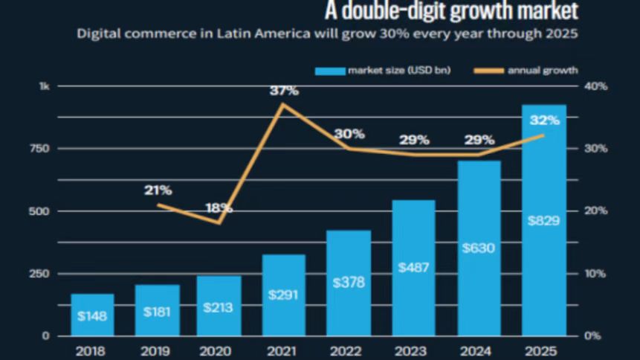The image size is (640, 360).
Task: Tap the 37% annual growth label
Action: tap(285, 91)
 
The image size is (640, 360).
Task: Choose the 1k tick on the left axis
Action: tap(44, 86)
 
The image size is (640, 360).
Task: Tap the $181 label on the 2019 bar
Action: tap(157, 309)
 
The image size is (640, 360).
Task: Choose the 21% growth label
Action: tap(158, 190)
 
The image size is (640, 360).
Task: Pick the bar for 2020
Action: tap(219, 306)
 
